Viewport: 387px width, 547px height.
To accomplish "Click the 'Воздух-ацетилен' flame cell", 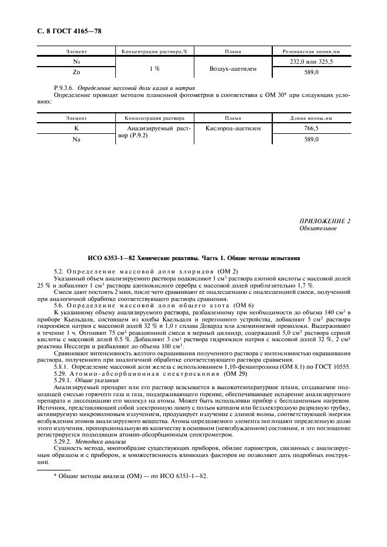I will click(232, 68).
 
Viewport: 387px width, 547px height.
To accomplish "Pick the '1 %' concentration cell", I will click(155, 68).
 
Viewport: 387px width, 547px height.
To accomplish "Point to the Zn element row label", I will click(76, 73).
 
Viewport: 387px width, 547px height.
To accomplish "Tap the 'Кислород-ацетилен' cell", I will click(233, 127).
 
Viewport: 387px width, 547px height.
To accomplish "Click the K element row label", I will click(76, 127).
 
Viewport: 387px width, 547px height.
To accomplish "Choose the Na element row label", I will click(76, 140).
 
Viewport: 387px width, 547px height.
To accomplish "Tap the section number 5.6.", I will click(60, 306).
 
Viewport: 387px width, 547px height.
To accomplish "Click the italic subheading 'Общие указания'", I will click(94, 363).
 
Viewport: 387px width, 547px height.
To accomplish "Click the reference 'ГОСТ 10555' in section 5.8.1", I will click(334, 351).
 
